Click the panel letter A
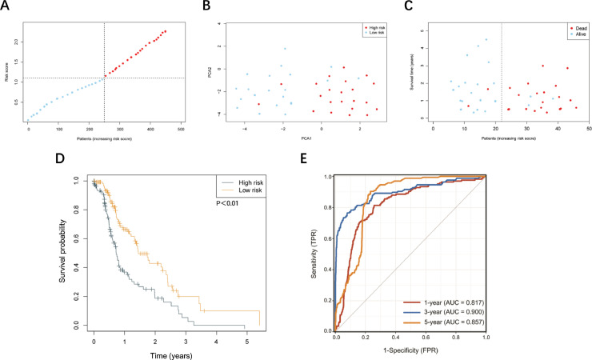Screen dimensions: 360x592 click(x=6, y=8)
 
